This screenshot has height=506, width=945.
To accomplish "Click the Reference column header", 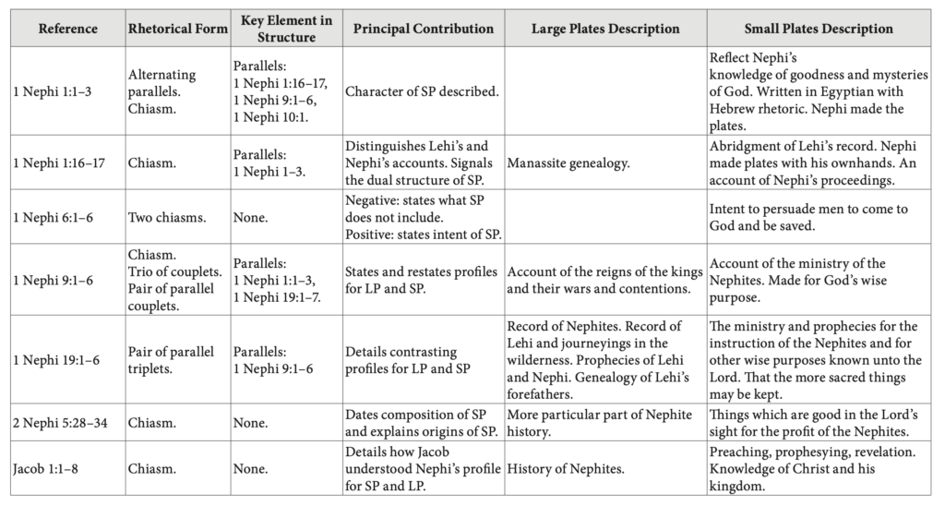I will point(67,29).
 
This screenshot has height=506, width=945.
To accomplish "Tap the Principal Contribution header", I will point(423,29).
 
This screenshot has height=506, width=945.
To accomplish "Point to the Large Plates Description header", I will point(604,29).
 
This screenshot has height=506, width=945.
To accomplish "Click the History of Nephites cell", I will point(565,469).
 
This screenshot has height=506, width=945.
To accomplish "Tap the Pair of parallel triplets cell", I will point(171,359).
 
